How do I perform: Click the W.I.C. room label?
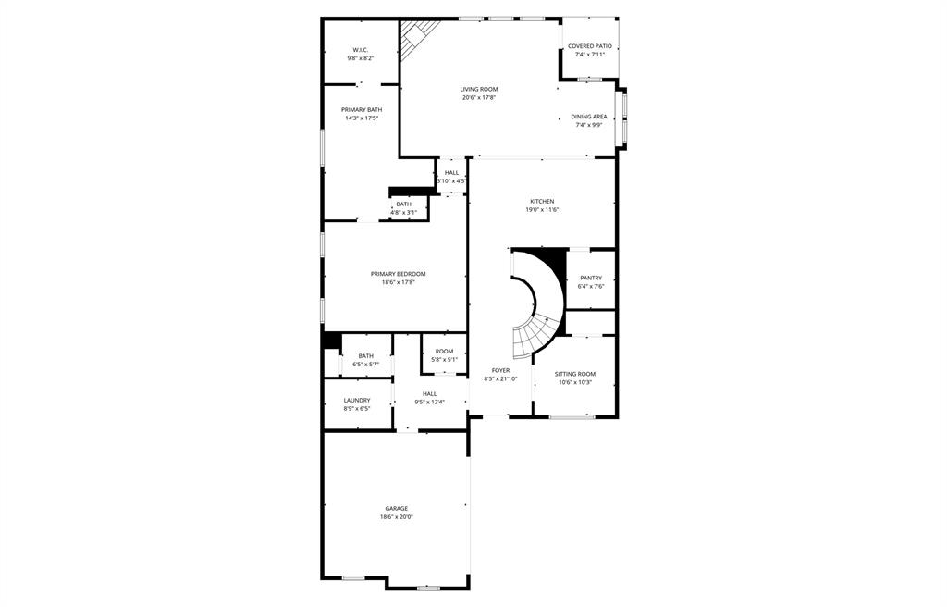361,50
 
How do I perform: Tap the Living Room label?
479,89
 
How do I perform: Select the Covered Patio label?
589,46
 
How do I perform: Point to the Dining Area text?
589,117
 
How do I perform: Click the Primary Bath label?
362,109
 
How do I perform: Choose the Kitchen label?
542,202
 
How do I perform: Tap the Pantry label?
591,279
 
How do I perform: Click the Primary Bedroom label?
398,274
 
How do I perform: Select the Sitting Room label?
575,374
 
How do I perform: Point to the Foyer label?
500,371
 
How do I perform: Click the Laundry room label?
357,401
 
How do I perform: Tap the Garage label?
396,508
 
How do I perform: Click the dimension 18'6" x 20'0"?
396,517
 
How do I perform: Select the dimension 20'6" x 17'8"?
479,97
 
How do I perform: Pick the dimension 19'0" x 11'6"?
542,210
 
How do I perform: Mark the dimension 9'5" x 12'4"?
429,403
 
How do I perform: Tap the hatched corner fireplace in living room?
417,38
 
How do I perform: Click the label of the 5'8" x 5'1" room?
444,352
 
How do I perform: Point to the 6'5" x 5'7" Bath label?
365,356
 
